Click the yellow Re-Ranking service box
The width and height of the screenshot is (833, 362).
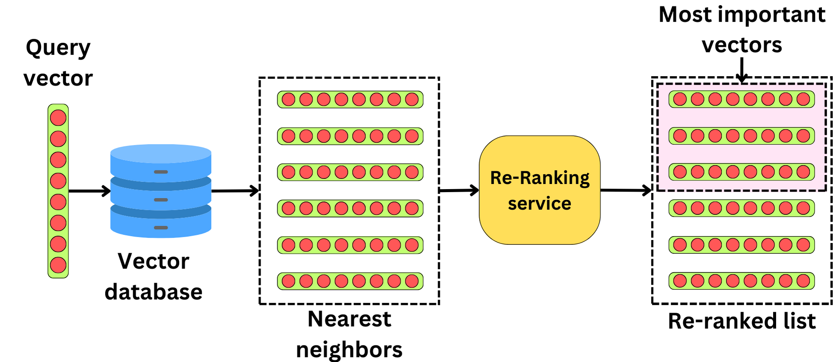point(540,190)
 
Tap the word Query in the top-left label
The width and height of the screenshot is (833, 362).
point(58,48)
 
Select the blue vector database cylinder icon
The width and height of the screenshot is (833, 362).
point(161,191)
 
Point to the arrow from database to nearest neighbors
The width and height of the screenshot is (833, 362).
point(235,191)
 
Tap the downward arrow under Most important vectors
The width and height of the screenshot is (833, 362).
point(742,70)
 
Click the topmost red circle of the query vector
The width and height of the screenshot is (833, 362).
point(58,118)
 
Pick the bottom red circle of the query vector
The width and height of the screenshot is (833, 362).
point(58,265)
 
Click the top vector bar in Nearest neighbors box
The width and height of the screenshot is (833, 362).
point(350,99)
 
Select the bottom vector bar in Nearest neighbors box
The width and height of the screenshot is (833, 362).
point(350,281)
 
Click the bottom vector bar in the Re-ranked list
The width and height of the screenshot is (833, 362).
point(741,281)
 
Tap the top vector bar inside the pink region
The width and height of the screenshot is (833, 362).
point(741,99)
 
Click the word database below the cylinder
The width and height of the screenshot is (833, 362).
point(153,292)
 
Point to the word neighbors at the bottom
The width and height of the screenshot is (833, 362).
point(349,350)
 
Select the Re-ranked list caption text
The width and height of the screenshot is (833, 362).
point(741,321)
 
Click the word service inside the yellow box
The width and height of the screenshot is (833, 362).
point(540,204)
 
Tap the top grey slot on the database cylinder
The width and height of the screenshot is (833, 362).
point(161,172)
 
